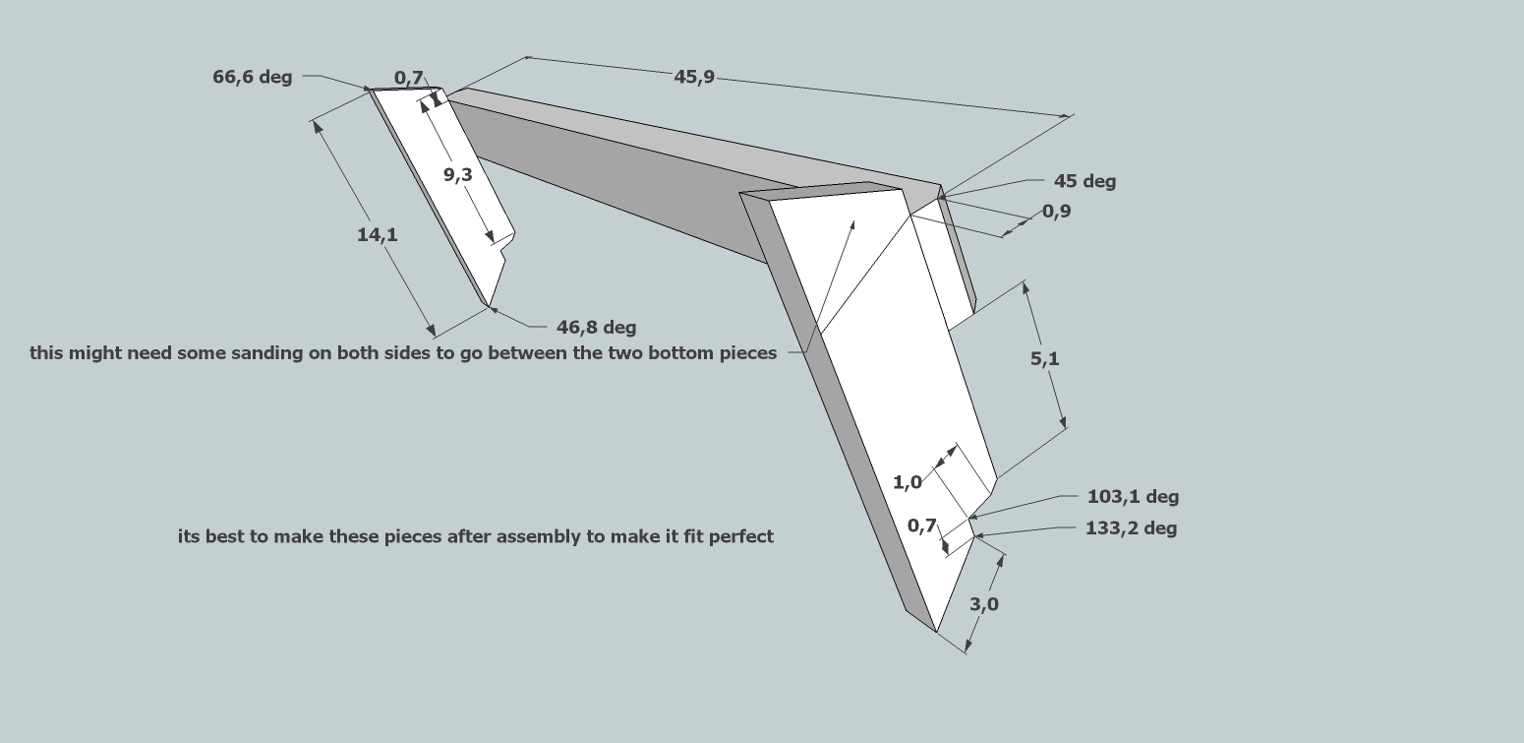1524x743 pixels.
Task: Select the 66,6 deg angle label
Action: point(252,77)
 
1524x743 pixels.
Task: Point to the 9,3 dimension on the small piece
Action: point(457,174)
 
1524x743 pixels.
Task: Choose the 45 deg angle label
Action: point(1084,181)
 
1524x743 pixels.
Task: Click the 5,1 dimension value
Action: point(1044,359)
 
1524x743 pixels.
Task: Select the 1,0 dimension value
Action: point(907,482)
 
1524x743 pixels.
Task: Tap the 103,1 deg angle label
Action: point(1133,497)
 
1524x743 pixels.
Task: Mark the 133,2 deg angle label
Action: point(1131,528)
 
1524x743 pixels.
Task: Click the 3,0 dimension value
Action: point(983,604)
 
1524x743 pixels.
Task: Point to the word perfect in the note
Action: point(743,536)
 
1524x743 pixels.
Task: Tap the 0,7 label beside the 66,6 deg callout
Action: point(408,77)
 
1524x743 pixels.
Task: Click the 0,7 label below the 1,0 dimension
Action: point(921,526)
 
